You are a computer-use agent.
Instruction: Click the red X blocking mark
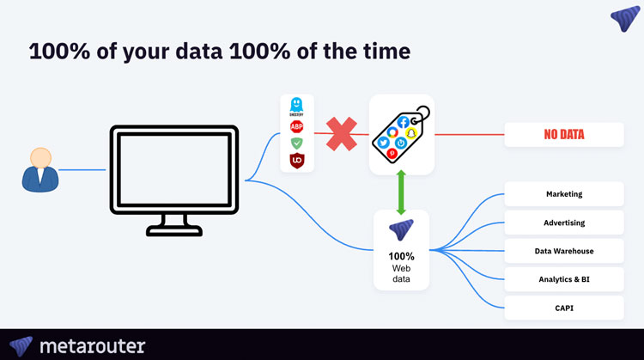pos(341,135)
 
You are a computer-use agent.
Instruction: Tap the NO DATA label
pos(563,134)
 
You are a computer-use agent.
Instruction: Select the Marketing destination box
pos(563,194)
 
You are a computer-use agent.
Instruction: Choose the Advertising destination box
pos(563,223)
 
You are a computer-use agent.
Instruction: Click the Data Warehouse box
pos(563,251)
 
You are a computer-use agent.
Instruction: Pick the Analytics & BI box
pos(563,279)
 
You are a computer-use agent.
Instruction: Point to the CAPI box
pos(563,308)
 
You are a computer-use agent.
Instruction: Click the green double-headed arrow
pos(401,192)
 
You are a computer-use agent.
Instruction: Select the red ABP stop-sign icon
pos(297,126)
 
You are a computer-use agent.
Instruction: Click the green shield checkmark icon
pos(297,143)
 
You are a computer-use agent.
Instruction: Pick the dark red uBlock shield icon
pos(297,160)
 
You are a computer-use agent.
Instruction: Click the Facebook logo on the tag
pos(404,122)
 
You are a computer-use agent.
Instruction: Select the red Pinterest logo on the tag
pos(392,153)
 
